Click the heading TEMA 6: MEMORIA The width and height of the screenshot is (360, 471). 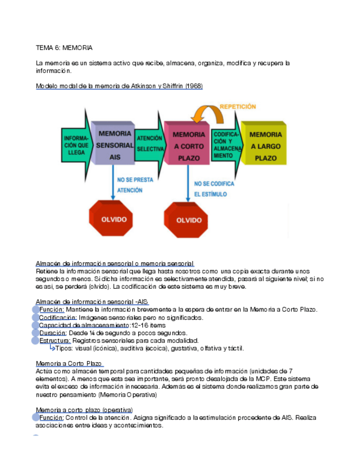(64, 48)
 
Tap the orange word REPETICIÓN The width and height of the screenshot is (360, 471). (238, 106)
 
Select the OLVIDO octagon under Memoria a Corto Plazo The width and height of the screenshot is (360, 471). (189, 220)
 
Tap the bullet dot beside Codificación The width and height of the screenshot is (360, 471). (36, 318)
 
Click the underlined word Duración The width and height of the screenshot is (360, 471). (53, 333)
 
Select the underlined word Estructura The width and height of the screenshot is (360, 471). (54, 340)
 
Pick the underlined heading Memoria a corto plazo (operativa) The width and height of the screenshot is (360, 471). (84, 410)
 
